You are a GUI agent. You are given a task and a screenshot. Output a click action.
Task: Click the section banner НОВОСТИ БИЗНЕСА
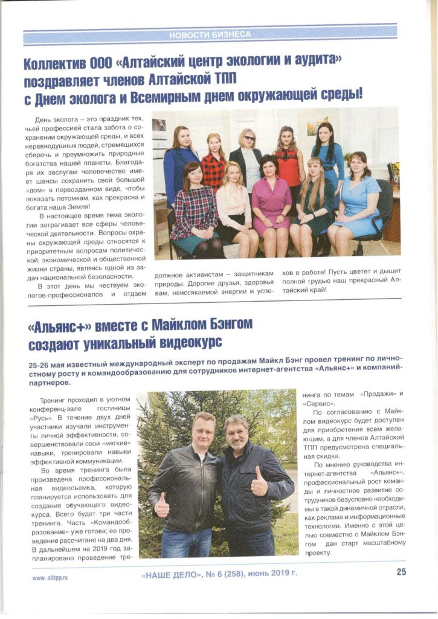click(210, 34)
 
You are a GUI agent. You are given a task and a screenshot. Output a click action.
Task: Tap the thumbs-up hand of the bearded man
click(259, 484)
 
